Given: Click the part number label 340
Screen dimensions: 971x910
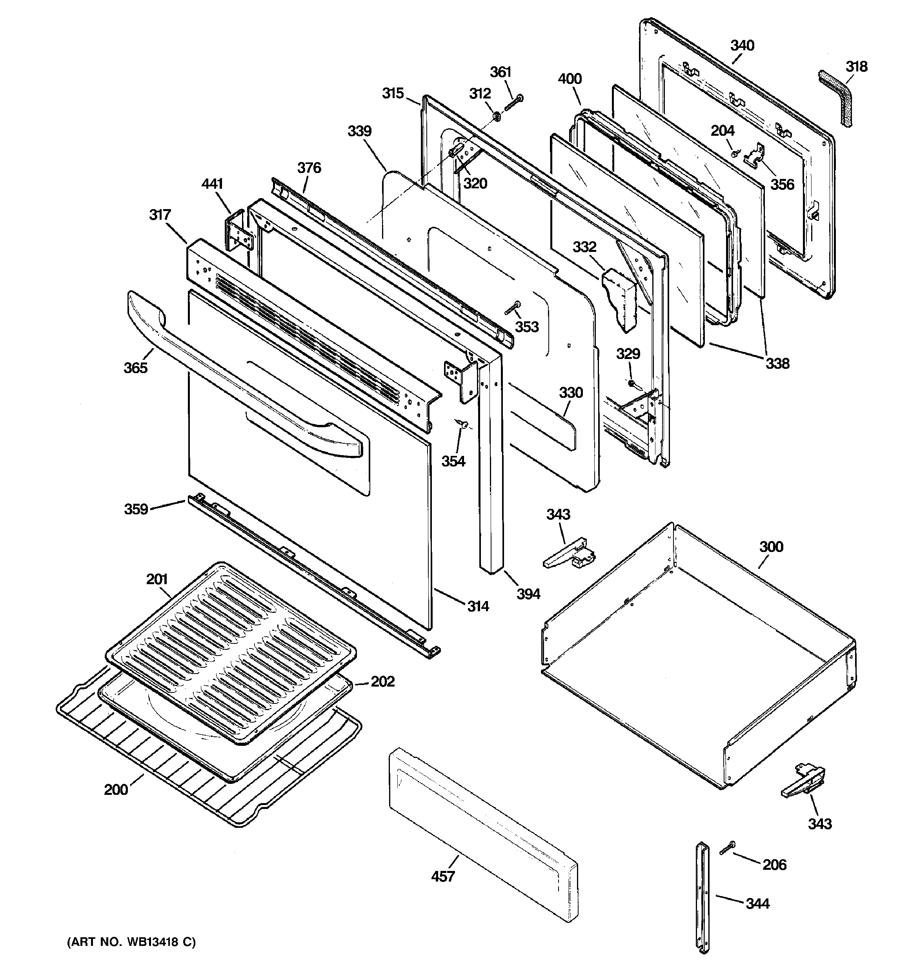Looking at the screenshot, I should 742,46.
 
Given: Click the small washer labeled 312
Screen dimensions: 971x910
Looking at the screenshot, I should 497,116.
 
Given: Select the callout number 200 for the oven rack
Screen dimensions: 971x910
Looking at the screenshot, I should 116,790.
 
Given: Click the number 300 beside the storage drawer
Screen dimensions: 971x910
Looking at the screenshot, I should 771,547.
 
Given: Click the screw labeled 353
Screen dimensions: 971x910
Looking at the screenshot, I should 513,308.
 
